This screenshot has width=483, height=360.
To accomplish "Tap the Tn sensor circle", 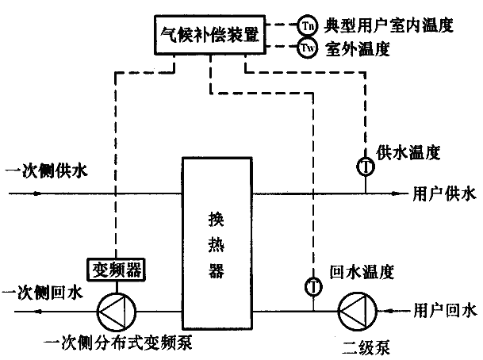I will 307,25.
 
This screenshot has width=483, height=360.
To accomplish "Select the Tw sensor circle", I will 307,49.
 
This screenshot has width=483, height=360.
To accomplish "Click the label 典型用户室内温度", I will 388,25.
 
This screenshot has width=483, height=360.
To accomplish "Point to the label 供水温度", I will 408,150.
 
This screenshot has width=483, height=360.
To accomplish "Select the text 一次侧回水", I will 40,293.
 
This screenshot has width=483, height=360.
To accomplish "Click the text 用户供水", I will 445,193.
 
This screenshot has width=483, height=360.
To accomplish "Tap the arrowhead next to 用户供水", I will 400,192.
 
